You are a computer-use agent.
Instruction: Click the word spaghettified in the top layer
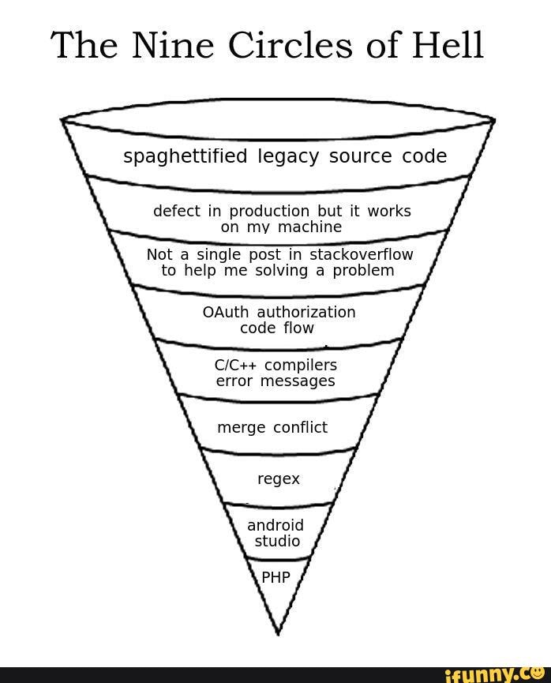(x=186, y=156)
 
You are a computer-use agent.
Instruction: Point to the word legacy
(x=288, y=157)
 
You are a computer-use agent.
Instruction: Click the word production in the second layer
(x=269, y=211)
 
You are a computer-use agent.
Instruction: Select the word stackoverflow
(x=361, y=254)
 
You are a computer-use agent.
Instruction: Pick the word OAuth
(x=226, y=312)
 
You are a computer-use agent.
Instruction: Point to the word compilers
(x=301, y=366)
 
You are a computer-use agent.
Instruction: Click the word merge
(x=241, y=428)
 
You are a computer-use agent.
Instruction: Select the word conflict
(x=300, y=427)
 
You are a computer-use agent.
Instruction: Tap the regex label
(x=279, y=479)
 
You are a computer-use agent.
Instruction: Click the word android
(x=275, y=526)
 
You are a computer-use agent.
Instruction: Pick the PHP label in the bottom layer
(x=276, y=577)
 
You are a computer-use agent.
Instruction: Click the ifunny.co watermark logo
(x=493, y=673)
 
